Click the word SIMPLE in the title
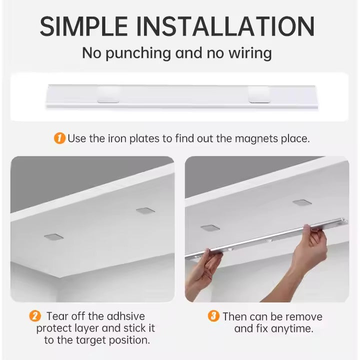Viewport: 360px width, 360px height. click(83, 26)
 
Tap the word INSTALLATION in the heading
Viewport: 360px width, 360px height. click(225, 26)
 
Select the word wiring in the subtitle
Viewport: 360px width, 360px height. click(250, 53)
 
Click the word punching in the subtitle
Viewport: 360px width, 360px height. click(138, 53)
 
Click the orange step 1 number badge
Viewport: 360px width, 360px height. click(59, 138)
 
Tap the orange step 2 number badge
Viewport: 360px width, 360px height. click(35, 316)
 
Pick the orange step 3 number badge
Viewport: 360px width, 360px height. click(213, 316)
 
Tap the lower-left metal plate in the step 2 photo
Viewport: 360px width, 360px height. click(53, 237)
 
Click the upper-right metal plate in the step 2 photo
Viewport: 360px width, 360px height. click(145, 210)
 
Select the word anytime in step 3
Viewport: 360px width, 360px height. click(292, 328)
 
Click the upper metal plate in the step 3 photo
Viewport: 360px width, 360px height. click(302, 202)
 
